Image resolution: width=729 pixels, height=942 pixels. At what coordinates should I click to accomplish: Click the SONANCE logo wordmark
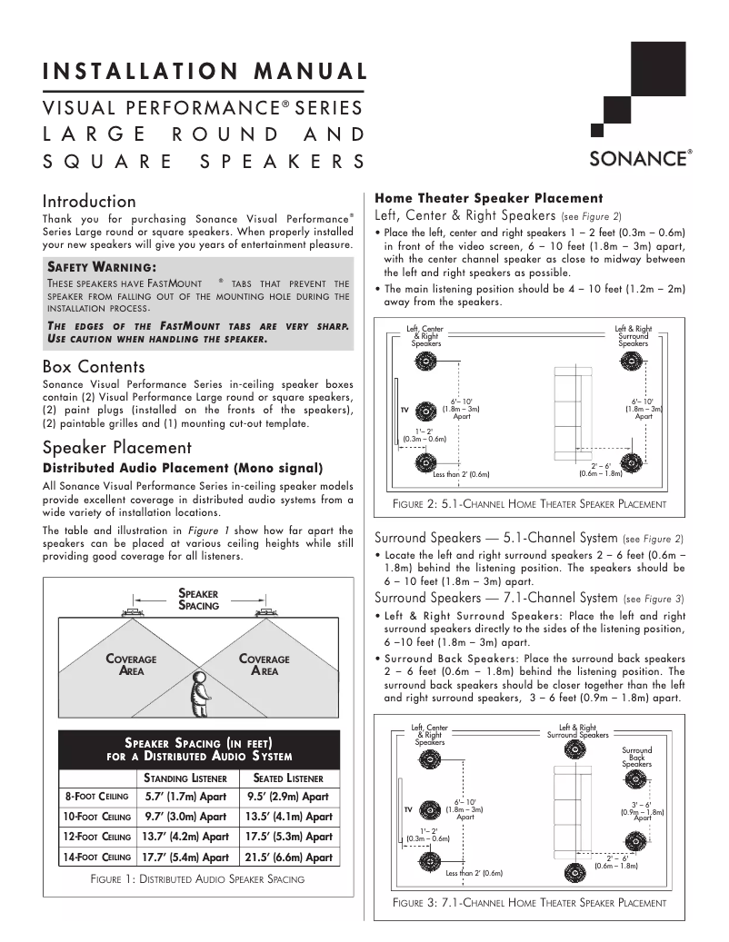[x=640, y=158]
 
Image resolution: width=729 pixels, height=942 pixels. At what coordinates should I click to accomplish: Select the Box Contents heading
[x=94, y=367]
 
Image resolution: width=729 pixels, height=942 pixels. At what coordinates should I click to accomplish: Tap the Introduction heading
[x=89, y=201]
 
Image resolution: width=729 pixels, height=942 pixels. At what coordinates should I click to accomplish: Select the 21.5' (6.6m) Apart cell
[x=289, y=857]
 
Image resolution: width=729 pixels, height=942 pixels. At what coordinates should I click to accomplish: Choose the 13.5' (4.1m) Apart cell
[x=289, y=817]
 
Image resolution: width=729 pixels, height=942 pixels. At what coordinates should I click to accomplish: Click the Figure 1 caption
[x=198, y=879]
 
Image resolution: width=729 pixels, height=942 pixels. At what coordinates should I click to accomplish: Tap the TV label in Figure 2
[x=405, y=410]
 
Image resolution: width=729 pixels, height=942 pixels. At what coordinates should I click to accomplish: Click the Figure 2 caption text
[x=530, y=503]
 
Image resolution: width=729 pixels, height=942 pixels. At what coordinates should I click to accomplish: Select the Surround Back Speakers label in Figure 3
[x=636, y=758]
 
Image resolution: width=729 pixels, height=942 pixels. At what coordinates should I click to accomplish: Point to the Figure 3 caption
[x=530, y=903]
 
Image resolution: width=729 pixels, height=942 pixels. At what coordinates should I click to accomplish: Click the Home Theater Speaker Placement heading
[x=489, y=197]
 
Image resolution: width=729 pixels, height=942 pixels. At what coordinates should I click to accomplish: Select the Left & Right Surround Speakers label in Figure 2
[x=633, y=336]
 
